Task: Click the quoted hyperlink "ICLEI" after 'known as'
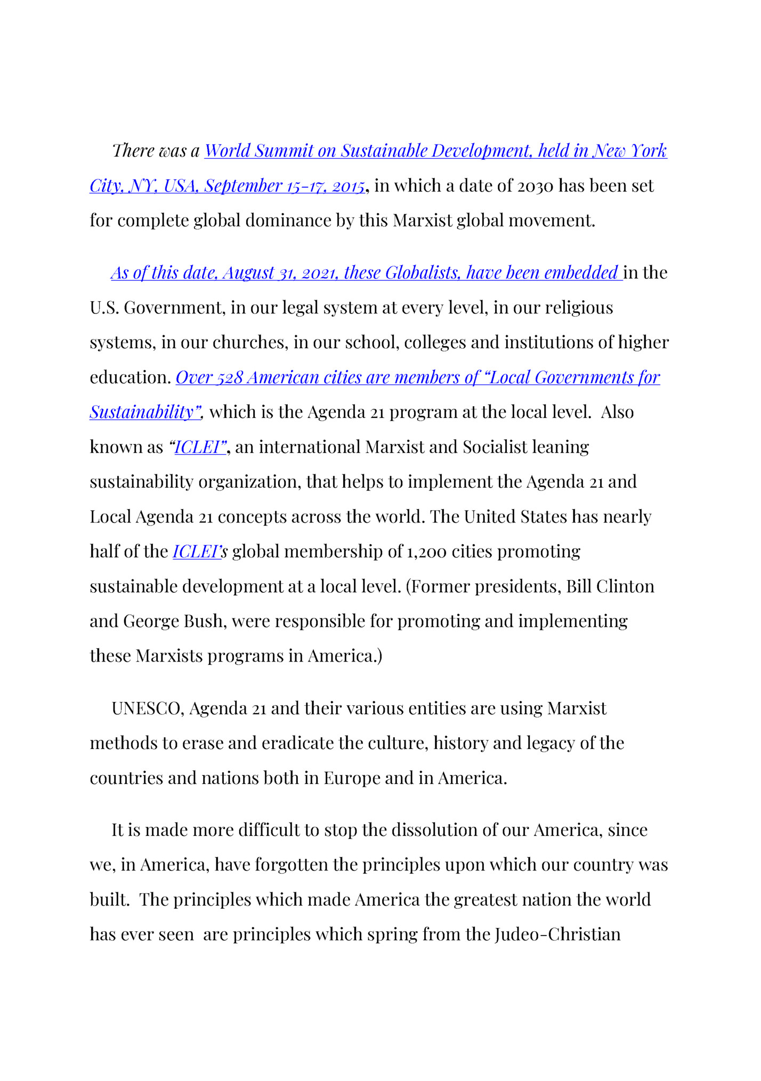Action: coord(198,447)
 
